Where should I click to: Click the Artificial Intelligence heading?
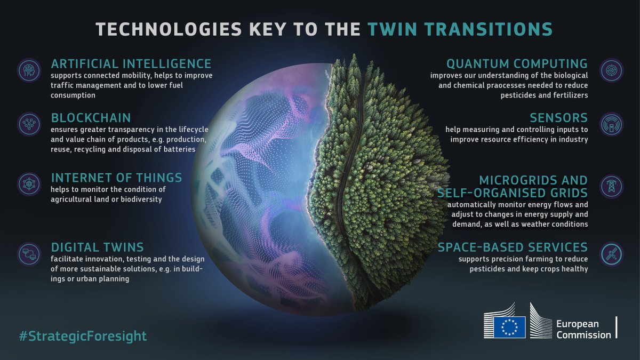(x=131, y=64)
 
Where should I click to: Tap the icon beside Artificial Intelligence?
(x=28, y=70)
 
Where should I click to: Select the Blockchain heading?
(x=91, y=117)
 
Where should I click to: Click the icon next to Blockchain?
(x=28, y=123)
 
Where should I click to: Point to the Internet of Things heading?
(x=116, y=177)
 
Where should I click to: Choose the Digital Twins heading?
(x=97, y=247)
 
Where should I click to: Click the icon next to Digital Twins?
(x=28, y=253)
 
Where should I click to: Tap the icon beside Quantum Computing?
(x=611, y=70)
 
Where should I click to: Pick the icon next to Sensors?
(x=611, y=123)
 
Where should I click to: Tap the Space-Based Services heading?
(x=513, y=247)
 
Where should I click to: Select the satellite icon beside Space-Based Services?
(x=611, y=254)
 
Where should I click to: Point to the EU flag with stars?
(x=509, y=326)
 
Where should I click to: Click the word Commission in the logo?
(x=583, y=335)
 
